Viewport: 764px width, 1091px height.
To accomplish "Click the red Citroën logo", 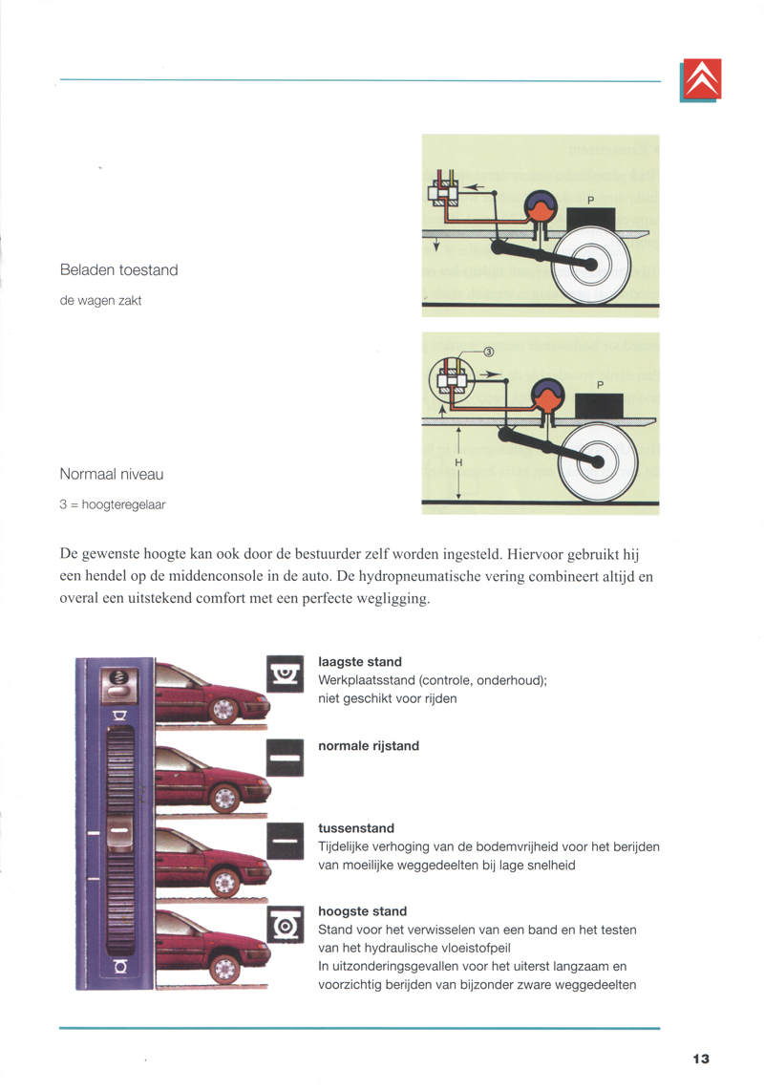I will tap(701, 79).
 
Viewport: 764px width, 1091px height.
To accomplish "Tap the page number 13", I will tap(701, 1059).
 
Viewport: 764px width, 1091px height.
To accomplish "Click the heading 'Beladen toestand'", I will tap(118, 270).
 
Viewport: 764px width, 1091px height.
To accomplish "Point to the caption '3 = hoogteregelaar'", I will tap(112, 504).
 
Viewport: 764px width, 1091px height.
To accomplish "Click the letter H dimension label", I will tap(458, 463).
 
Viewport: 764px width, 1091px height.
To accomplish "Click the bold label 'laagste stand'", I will tap(360, 662).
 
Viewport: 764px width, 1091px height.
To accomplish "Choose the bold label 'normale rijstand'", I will tap(369, 746).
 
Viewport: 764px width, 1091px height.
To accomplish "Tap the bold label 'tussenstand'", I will tap(356, 828).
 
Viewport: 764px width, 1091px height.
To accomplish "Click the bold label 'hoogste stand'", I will tap(362, 911).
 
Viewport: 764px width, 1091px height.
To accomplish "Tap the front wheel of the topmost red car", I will tap(224, 711).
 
